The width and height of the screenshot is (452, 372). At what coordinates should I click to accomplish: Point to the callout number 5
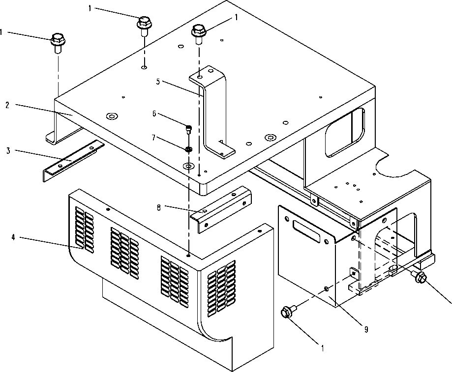(157, 82)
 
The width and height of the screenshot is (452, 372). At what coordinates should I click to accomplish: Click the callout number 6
(154, 114)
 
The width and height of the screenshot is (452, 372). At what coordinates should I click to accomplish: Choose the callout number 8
(159, 207)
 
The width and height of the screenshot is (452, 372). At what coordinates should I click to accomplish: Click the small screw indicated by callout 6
(188, 129)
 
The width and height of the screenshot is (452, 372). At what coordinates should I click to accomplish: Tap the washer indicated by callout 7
(188, 149)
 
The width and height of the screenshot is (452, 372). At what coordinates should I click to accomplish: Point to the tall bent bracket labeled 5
(213, 113)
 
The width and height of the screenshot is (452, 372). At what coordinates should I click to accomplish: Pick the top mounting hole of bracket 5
(199, 77)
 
